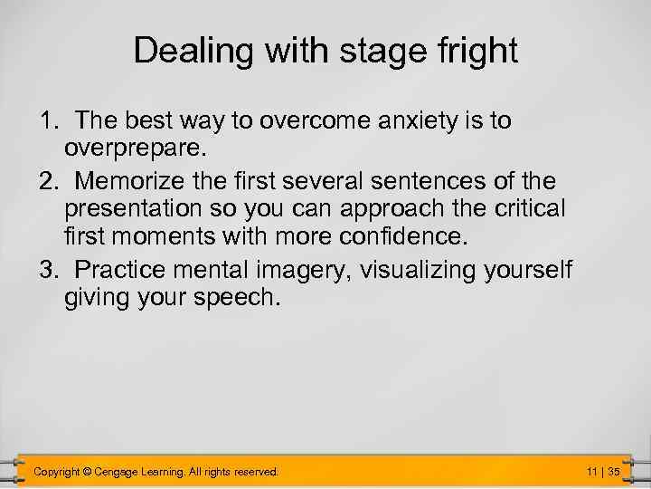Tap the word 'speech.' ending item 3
[x=231, y=298]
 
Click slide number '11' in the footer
[x=592, y=472]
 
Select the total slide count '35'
[x=614, y=472]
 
